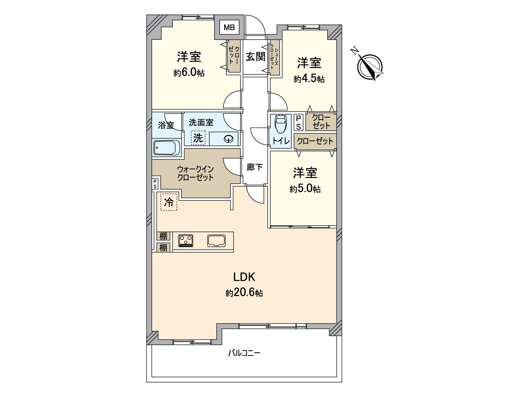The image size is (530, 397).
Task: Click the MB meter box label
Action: pos(229,27)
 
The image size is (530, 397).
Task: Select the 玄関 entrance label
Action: pos(255,57)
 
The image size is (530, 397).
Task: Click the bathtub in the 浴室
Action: pos(167,147)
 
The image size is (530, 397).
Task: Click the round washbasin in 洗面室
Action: pos(229,139)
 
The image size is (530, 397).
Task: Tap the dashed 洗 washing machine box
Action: pos(198,138)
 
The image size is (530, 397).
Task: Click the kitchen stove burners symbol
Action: pos(186,241)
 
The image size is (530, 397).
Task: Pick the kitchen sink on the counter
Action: pos(217,241)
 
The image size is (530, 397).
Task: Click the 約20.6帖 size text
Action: pos(244,293)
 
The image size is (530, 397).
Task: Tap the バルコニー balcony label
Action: pos(244,353)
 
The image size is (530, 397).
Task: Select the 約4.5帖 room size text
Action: pos(309,79)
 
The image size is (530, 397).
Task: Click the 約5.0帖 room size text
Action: pos(305,189)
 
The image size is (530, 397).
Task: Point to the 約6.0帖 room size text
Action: pos(189,73)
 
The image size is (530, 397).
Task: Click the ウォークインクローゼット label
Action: pos(195,173)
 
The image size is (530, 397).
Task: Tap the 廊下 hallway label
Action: pos(255,167)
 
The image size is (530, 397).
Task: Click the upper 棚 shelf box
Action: pos(164,236)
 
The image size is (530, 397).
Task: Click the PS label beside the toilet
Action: pos(298,122)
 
